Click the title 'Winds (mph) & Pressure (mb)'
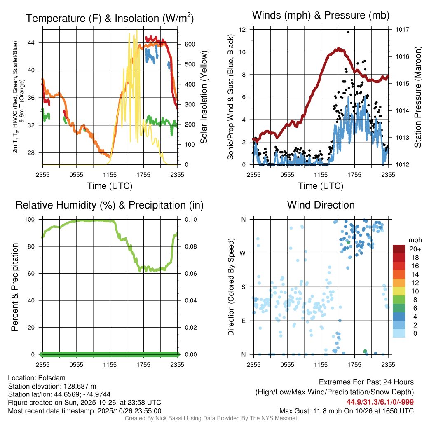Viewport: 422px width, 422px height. (x=321, y=16)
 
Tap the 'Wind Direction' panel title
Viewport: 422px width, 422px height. (x=321, y=205)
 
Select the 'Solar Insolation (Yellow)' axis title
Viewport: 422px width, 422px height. (x=204, y=97)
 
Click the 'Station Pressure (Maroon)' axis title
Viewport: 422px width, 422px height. (x=417, y=97)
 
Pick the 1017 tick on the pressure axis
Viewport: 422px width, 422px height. (x=402, y=30)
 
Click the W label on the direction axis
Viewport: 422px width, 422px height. (x=244, y=253)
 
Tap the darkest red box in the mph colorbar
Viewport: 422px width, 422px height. (x=399, y=249)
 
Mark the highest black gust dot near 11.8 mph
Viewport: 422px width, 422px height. (x=348, y=32)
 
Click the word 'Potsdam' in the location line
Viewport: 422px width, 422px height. (x=52, y=377)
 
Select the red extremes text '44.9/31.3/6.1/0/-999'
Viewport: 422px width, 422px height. (x=380, y=402)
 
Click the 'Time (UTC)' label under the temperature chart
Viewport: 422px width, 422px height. (x=110, y=186)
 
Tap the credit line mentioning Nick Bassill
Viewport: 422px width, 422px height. (x=211, y=418)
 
